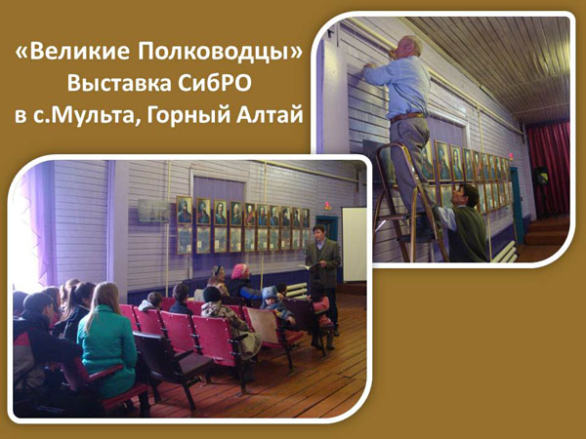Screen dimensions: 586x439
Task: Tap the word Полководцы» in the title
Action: pos(220,53)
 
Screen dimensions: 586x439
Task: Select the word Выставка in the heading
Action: pos(119,83)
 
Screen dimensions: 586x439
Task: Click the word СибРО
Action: pos(215,83)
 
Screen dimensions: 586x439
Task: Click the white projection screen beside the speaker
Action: pos(355,245)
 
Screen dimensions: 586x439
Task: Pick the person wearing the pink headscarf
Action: pos(242,281)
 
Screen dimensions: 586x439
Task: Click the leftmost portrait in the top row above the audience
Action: pos(185,210)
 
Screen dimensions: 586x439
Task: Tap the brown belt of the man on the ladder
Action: pos(408,117)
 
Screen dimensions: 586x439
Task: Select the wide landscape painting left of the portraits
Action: pos(154,211)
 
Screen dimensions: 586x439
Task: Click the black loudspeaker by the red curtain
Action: pos(541,176)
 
